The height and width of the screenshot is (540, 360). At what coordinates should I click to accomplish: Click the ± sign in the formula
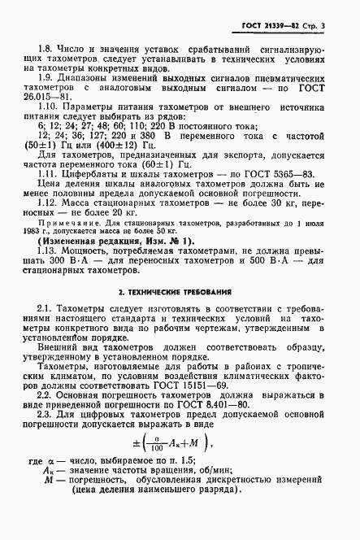pos(132,489)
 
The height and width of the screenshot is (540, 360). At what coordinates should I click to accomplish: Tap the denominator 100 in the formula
pos(151,494)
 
